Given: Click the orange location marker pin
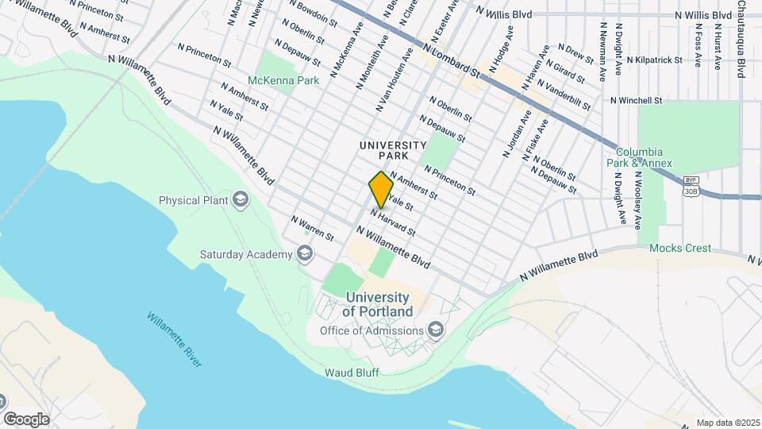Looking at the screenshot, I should (381, 190).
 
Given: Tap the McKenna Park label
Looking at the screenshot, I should (283, 80).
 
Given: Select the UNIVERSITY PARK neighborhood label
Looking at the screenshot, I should (393, 151).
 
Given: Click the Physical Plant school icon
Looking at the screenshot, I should (240, 200).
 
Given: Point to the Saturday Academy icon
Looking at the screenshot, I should (302, 254).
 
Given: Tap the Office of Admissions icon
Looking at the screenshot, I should (435, 330).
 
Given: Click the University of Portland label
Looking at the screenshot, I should (379, 303).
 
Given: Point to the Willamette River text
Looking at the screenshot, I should (175, 339).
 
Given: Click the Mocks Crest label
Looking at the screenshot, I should (680, 248).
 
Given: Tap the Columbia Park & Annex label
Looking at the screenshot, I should (645, 157).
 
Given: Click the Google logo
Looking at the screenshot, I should (26, 419).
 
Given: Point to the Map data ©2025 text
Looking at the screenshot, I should (727, 423).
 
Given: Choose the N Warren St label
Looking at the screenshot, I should (312, 227).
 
